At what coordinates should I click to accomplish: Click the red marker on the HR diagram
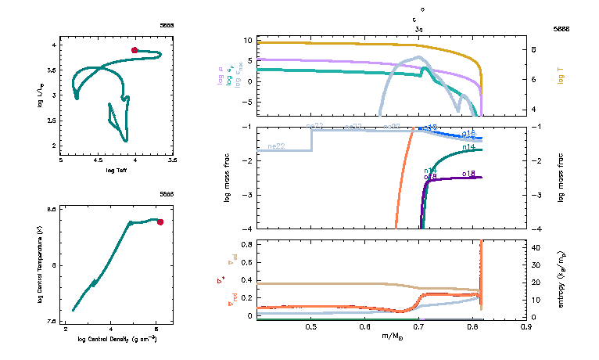(135, 50)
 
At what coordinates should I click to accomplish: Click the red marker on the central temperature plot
(160, 222)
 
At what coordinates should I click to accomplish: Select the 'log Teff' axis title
(116, 169)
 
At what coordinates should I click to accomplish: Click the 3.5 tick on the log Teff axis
(172, 160)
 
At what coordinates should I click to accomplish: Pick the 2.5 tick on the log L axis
(54, 121)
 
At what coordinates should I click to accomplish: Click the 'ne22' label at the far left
(275, 146)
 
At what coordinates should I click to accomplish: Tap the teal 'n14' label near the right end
(470, 146)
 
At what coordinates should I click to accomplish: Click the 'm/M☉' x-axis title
(392, 336)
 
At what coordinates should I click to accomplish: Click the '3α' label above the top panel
(419, 28)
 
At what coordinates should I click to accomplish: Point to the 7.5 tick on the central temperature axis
(52, 322)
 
